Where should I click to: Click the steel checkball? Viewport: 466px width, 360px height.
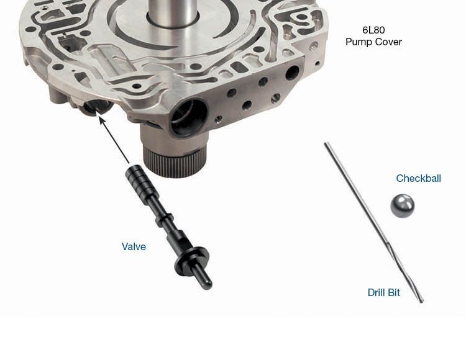click(402, 205)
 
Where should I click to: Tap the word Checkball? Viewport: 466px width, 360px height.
click(418, 178)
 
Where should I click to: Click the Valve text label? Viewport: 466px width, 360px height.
click(134, 246)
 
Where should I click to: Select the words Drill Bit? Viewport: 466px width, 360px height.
click(384, 292)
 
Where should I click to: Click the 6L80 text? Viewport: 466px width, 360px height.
click(373, 30)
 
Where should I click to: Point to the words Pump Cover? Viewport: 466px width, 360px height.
click(373, 42)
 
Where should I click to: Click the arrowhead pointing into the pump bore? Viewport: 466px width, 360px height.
click(102, 120)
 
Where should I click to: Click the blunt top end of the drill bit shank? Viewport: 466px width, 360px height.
click(326, 144)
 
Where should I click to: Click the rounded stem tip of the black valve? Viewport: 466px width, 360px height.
click(208, 284)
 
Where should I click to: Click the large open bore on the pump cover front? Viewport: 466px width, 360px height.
click(188, 117)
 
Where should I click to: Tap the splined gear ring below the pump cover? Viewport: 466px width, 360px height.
click(173, 162)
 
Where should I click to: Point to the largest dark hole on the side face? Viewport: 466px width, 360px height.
click(292, 73)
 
